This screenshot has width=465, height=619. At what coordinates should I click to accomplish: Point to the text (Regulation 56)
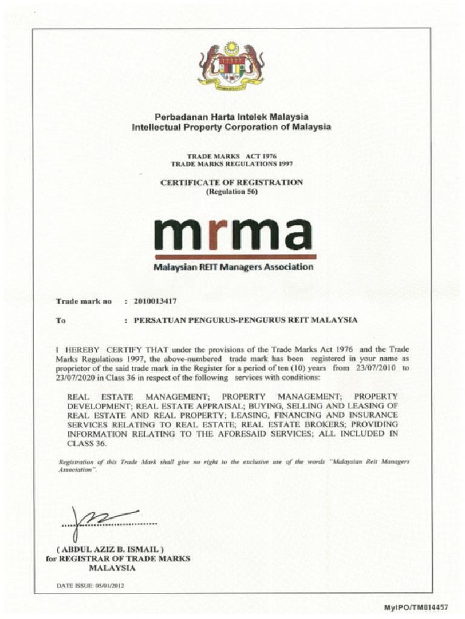[x=232, y=192]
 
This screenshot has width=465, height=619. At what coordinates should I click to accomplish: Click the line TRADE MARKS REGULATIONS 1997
[x=232, y=164]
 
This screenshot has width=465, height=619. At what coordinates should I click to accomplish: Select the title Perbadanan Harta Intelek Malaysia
[x=231, y=117]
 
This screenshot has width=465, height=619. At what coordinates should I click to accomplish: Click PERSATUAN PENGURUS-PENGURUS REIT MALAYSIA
[x=245, y=320]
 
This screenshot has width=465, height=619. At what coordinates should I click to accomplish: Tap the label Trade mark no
[x=84, y=300]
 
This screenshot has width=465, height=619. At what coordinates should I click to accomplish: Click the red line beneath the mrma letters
[x=233, y=256]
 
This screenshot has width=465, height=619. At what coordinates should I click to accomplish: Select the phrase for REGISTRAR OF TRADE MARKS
[x=118, y=559]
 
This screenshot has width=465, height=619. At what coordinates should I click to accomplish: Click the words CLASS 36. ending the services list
[x=87, y=443]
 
